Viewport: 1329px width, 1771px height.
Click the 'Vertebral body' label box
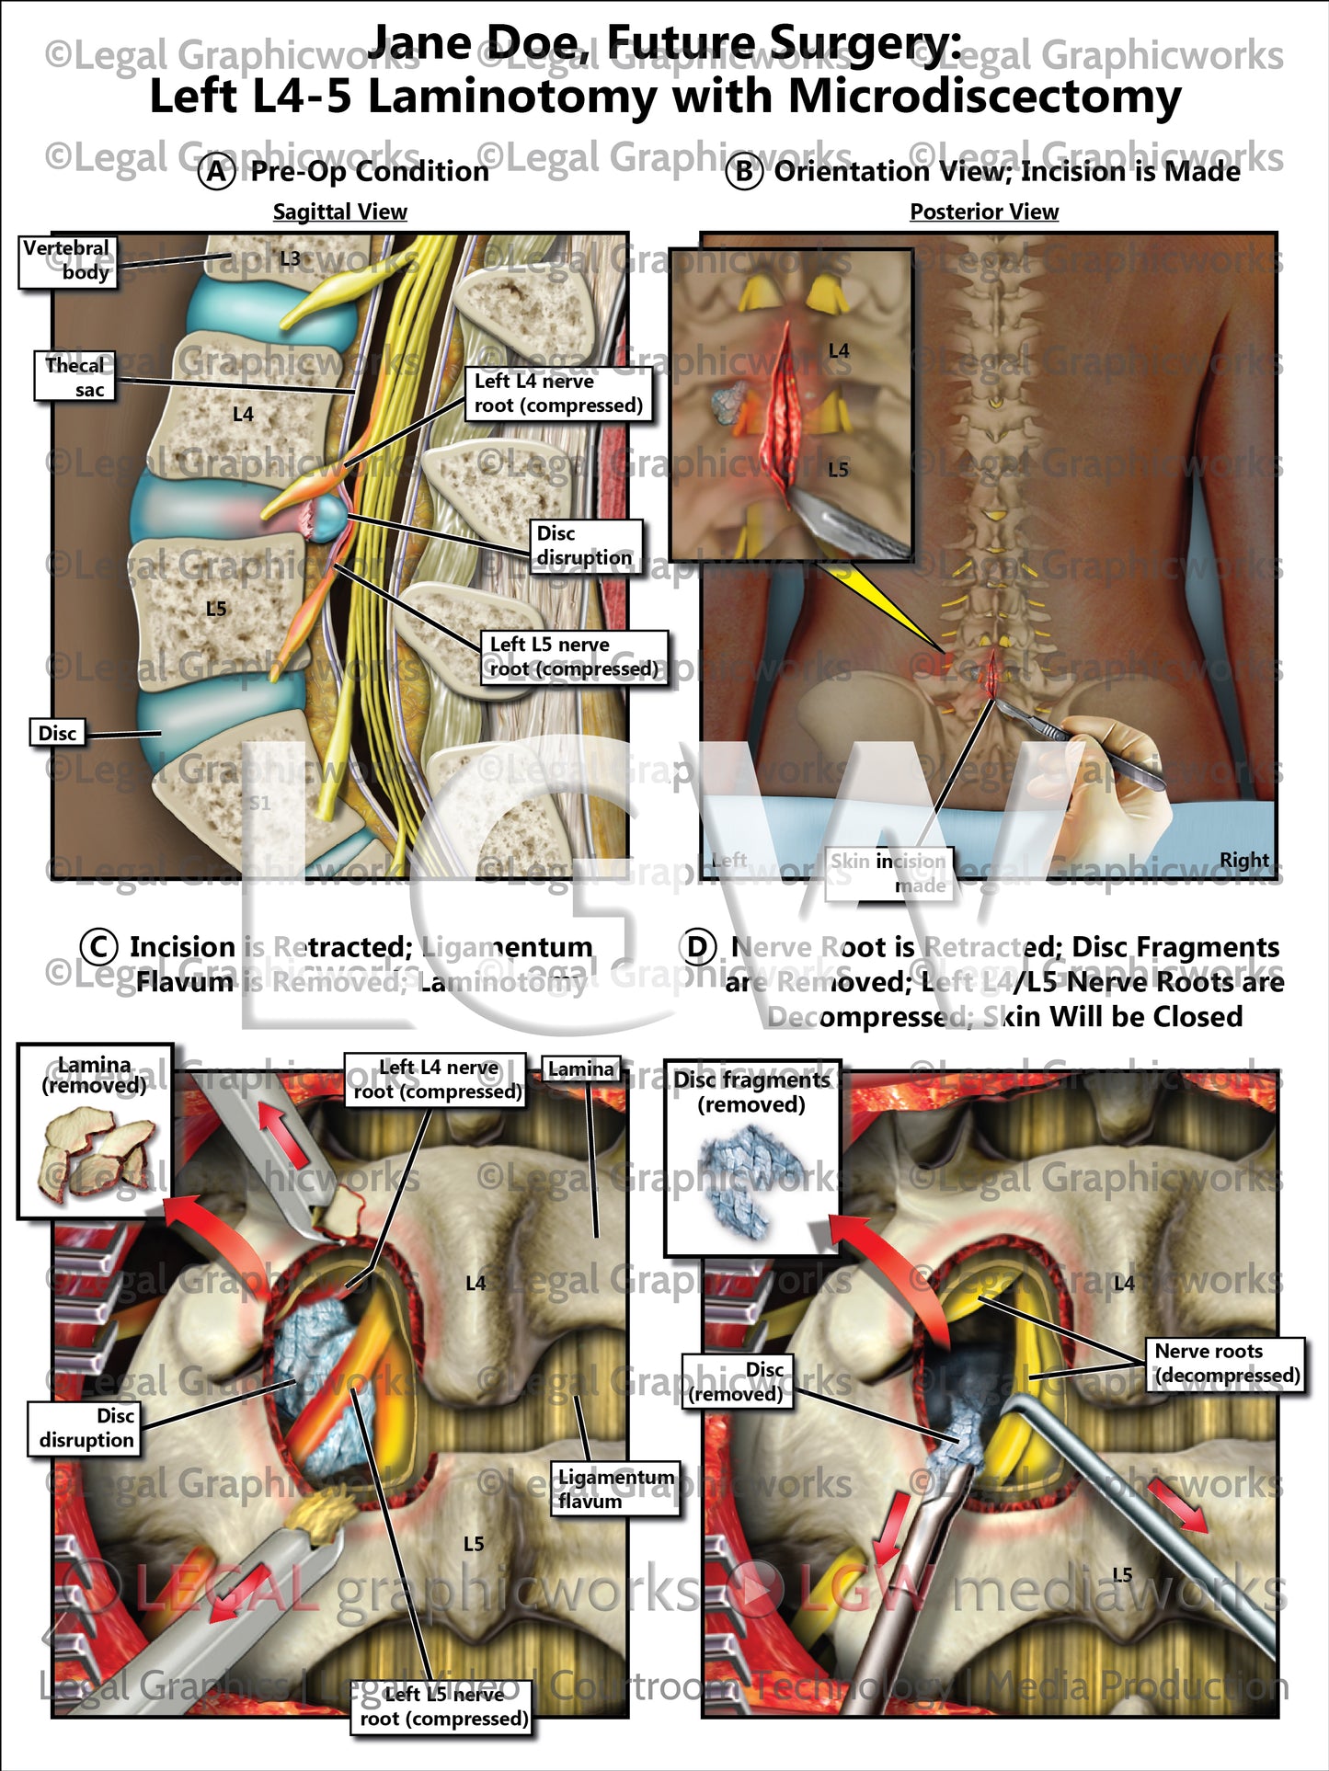coord(68,260)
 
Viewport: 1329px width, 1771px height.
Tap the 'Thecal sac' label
coord(74,376)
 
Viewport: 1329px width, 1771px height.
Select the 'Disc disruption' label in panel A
coord(585,545)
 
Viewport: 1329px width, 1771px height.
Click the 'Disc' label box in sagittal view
coord(57,733)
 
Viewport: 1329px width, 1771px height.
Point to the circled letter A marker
coord(217,172)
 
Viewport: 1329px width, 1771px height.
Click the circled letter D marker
coord(696,947)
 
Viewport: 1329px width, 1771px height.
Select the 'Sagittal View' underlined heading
coord(339,212)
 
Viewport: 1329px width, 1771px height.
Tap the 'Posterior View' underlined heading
coord(983,212)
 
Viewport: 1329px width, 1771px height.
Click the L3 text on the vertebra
coord(290,258)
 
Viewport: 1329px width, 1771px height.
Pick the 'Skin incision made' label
coord(888,873)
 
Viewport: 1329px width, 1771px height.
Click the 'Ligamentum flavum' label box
coord(614,1488)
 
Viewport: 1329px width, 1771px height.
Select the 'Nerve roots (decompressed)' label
coord(1226,1364)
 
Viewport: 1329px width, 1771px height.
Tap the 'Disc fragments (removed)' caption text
coord(751,1091)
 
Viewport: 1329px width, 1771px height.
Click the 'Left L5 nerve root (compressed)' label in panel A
coord(574,657)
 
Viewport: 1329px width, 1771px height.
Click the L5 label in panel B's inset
coord(838,470)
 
